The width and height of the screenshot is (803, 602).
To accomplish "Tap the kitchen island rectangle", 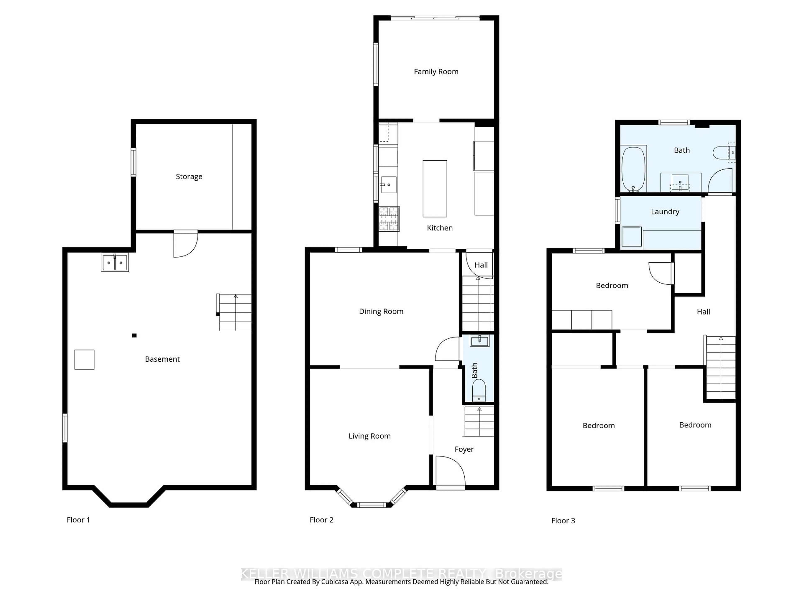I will pyautogui.click(x=435, y=189).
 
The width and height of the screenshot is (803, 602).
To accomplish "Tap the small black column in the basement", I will pyautogui.click(x=134, y=335).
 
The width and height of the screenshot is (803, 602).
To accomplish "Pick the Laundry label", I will pyautogui.click(x=665, y=212).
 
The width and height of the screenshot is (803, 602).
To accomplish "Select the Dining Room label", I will pyautogui.click(x=381, y=311).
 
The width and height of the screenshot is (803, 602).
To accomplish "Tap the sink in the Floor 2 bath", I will pyautogui.click(x=479, y=340).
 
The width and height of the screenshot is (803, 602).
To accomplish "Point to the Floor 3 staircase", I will pyautogui.click(x=720, y=368).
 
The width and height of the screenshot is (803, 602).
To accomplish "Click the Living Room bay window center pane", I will pyautogui.click(x=371, y=504).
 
